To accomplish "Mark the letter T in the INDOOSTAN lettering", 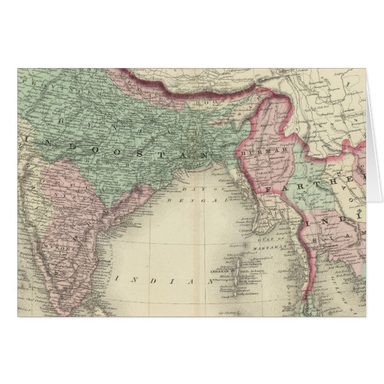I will pos(154,152).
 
